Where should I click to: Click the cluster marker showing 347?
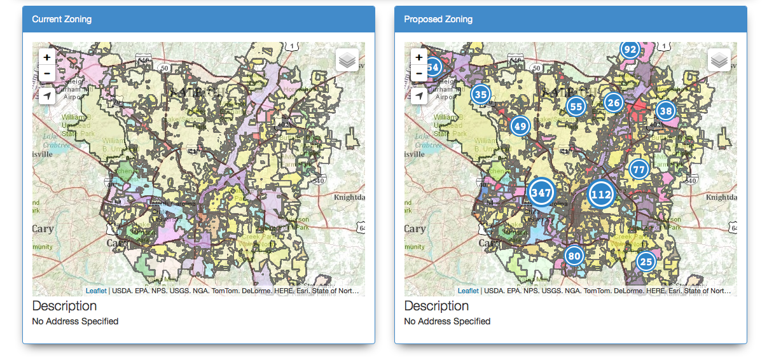pyautogui.click(x=541, y=193)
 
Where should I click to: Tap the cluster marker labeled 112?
pyautogui.click(x=601, y=194)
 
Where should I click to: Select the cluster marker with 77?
pyautogui.click(x=639, y=169)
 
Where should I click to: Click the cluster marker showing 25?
pyautogui.click(x=646, y=261)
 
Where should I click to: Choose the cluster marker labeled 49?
pyautogui.click(x=520, y=126)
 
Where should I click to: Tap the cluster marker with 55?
pyautogui.click(x=576, y=106)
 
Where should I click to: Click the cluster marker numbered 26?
pyautogui.click(x=613, y=102)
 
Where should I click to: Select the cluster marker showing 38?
pyautogui.click(x=666, y=111)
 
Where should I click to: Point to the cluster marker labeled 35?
pyautogui.click(x=481, y=95)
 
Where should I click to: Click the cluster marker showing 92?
pyautogui.click(x=630, y=50)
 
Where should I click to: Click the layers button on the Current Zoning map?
pyautogui.click(x=347, y=60)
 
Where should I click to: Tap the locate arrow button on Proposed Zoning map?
pyautogui.click(x=419, y=96)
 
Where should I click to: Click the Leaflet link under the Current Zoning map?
pyautogui.click(x=96, y=291)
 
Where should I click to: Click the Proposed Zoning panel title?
pyautogui.click(x=438, y=19)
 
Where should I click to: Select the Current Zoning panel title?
pyautogui.click(x=62, y=19)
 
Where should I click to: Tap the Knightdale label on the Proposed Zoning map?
pyautogui.click(x=721, y=197)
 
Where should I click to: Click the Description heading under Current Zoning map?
pyautogui.click(x=64, y=306)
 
